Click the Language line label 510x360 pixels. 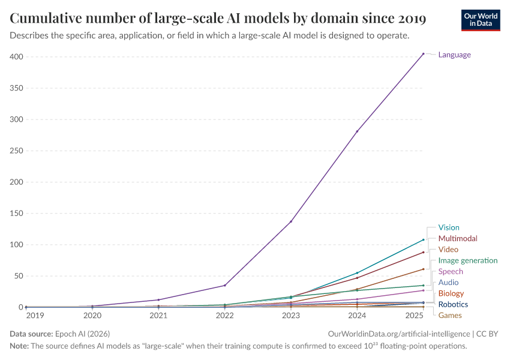[454, 55]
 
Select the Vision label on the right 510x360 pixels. [448, 227]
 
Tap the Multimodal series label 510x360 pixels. [457, 238]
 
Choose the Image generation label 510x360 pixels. [467, 260]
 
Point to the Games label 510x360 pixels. [449, 315]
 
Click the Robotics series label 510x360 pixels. [453, 304]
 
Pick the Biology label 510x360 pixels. [451, 293]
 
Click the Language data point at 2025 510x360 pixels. [423, 53]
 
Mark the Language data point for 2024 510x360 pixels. [357, 131]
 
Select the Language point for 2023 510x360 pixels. [291, 221]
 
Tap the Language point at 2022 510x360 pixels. [225, 285]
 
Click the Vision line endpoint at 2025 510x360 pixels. [423, 239]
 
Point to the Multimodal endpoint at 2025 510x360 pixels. [423, 252]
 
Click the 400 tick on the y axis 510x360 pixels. [17, 57]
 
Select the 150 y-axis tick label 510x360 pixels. [17, 214]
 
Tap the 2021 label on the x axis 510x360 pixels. [158, 315]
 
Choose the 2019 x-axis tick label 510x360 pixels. [35, 315]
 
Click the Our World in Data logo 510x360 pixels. [480, 19]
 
